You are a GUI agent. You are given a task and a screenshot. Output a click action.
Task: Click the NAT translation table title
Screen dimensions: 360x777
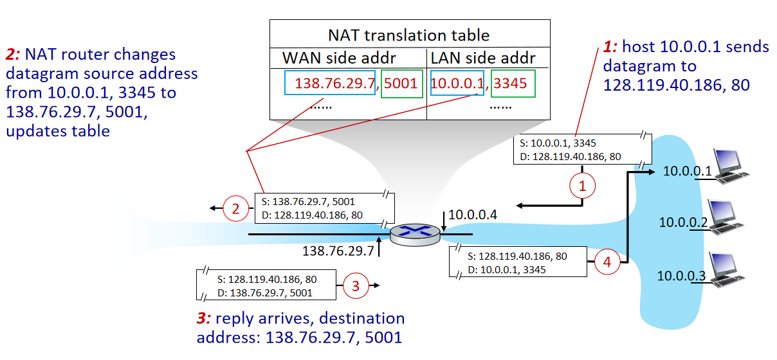pyautogui.click(x=409, y=35)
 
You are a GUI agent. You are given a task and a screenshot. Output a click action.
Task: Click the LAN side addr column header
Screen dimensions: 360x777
pyautogui.click(x=483, y=58)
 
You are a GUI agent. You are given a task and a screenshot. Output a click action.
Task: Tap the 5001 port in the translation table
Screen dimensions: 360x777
pyautogui.click(x=401, y=84)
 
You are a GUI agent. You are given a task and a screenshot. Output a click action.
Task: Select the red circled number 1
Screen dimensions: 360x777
pyautogui.click(x=583, y=187)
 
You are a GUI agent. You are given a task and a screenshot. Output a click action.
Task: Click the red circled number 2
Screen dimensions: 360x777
pyautogui.click(x=235, y=208)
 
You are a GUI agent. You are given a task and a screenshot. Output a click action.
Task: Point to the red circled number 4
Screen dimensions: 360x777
pyautogui.click(x=607, y=262)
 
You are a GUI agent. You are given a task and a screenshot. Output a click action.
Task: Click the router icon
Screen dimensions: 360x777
pyautogui.click(x=417, y=233)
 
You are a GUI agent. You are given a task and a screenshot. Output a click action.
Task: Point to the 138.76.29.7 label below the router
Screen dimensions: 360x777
pyautogui.click(x=338, y=250)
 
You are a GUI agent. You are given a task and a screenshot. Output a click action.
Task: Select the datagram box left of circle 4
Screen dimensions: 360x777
pyautogui.click(x=518, y=262)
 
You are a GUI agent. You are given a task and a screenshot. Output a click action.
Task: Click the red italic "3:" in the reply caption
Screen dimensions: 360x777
pyautogui.click(x=204, y=318)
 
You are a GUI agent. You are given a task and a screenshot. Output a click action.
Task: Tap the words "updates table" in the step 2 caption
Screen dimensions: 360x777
pyautogui.click(x=59, y=130)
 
